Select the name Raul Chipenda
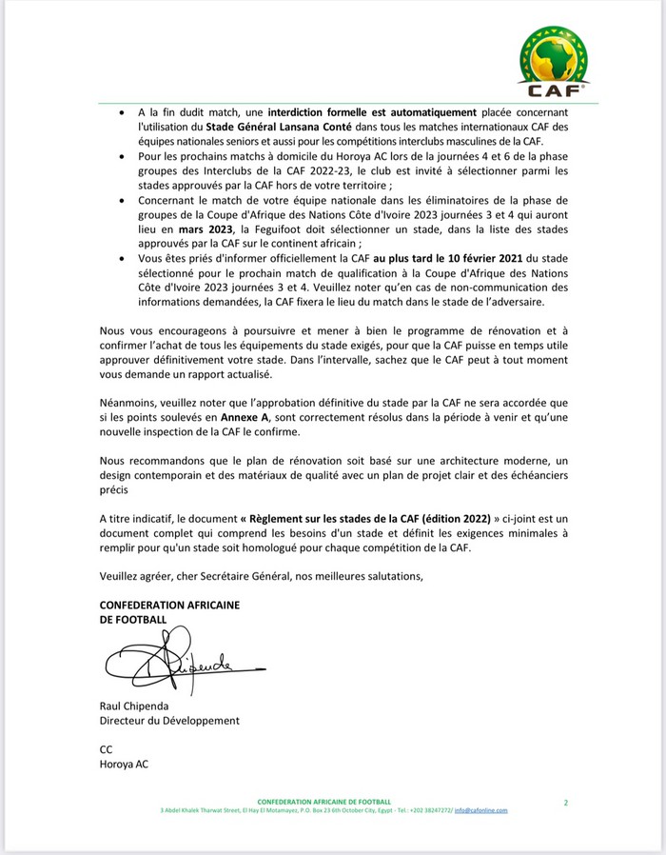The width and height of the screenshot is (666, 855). [133, 706]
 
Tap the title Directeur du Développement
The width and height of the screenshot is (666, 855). [169, 721]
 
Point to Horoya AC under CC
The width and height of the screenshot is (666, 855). [124, 764]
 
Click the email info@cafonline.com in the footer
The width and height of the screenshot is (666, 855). [480, 810]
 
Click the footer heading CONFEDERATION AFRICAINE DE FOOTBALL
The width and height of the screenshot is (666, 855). [323, 802]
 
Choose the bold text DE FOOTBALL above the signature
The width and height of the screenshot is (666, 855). [132, 620]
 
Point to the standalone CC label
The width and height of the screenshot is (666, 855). [106, 749]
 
